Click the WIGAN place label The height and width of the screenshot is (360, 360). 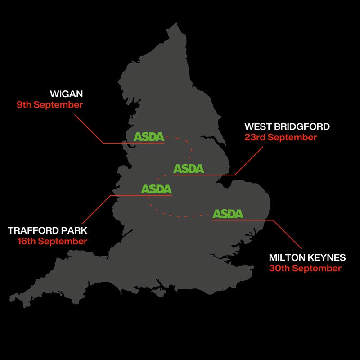[67, 94]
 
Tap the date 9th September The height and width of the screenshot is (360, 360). [50, 105]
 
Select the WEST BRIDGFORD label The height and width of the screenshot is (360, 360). [287, 127]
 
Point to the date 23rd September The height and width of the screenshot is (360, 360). [281, 137]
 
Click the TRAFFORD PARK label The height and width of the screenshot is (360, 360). [48, 231]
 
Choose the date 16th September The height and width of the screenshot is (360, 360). [52, 241]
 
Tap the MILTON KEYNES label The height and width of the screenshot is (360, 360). [307, 258]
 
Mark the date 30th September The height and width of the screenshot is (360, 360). [305, 269]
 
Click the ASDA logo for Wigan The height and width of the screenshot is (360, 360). [149, 136]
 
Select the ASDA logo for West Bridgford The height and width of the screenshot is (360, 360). [189, 169]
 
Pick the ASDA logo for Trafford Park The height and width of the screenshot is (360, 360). [156, 189]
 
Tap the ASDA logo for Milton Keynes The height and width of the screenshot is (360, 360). [228, 214]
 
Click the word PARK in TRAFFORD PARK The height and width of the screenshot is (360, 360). [75, 231]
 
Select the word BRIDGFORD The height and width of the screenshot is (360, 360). [301, 127]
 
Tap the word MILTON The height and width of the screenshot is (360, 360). [285, 258]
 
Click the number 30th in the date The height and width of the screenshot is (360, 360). [278, 269]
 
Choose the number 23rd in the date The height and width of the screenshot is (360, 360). [253, 137]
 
